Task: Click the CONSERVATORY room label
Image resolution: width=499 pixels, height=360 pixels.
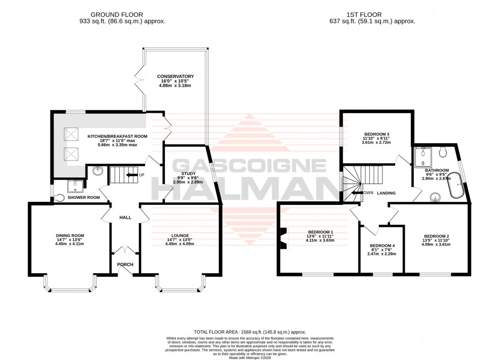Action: [x=175, y=76]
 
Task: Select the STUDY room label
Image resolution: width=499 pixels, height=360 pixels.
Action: [x=181, y=173]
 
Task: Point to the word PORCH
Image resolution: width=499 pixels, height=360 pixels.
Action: [x=125, y=264]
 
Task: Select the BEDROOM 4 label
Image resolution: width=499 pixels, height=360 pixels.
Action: [x=382, y=245]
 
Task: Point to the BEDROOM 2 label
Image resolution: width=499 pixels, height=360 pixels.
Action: [x=436, y=236]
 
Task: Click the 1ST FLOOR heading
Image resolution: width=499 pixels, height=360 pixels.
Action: [x=373, y=15]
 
